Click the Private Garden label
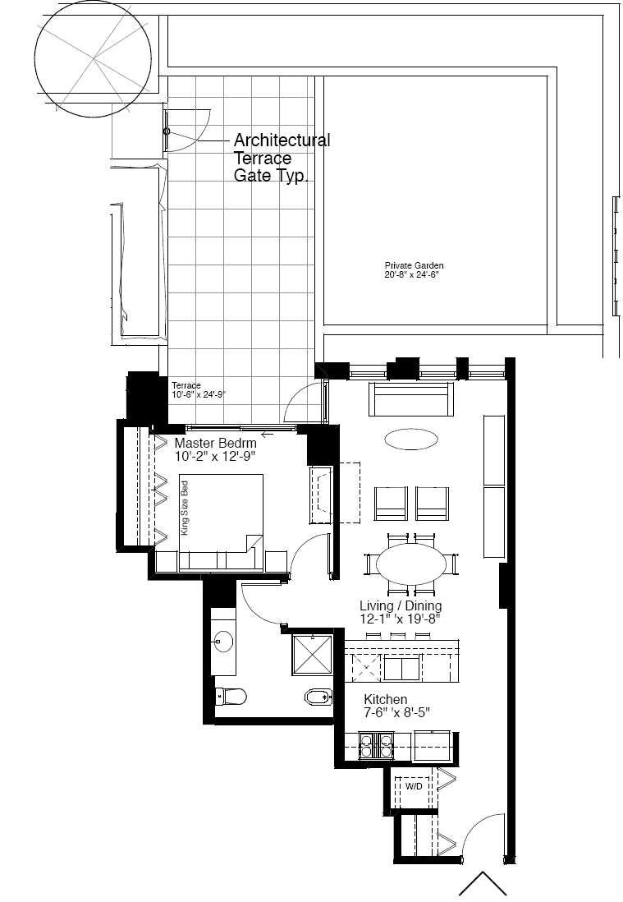[x=414, y=265]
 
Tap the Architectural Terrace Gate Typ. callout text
[x=282, y=158]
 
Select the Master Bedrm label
[x=216, y=443]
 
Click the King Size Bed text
[x=185, y=508]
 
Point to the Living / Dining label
[x=401, y=605]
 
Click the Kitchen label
[x=386, y=699]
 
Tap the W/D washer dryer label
[x=414, y=786]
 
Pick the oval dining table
[x=411, y=564]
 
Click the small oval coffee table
[x=411, y=439]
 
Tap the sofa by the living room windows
[x=411, y=398]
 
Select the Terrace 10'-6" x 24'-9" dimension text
[x=199, y=390]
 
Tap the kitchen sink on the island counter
[x=402, y=668]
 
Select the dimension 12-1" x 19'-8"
[x=400, y=619]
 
